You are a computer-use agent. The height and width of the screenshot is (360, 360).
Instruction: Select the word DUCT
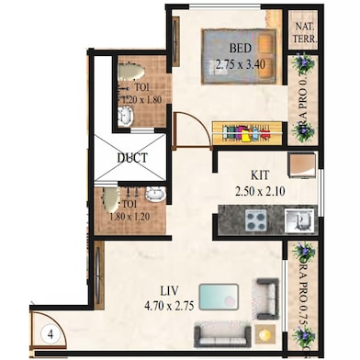point(131,158)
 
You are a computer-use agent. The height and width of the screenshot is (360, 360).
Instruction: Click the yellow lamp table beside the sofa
point(265,332)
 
